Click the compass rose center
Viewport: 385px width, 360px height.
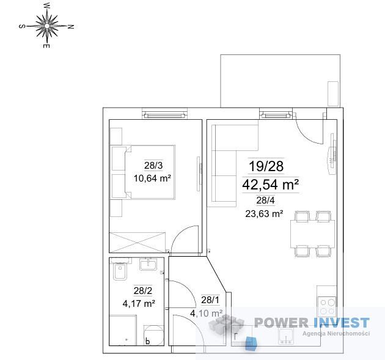coord(47,26)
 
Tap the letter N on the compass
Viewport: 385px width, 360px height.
coord(71,26)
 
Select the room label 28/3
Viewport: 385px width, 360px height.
coord(153,166)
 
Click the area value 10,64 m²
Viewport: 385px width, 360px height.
coord(152,178)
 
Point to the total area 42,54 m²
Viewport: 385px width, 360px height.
coord(270,185)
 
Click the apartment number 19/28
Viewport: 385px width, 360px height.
coord(266,166)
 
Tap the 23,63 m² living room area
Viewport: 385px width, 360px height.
coord(264,214)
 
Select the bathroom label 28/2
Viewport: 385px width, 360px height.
coord(143,291)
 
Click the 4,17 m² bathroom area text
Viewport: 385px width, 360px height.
coord(139,304)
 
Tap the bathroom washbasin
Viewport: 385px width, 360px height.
coord(148,265)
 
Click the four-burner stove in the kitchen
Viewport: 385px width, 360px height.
coord(327,307)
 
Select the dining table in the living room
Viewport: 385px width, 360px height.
coord(312,234)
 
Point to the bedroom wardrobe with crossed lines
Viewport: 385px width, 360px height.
coord(137,242)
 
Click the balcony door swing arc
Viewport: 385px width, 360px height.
coord(305,135)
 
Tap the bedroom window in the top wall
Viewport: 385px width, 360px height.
coord(164,114)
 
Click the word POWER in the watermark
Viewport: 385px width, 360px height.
coord(281,323)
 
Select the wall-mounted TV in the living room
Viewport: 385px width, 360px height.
coord(332,154)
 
